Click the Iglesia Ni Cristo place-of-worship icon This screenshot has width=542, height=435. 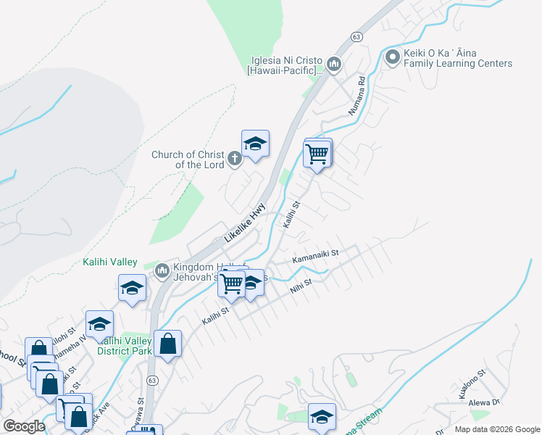click(x=334, y=65)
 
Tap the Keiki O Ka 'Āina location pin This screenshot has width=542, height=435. click(x=393, y=57)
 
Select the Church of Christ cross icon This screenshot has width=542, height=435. click(x=234, y=158)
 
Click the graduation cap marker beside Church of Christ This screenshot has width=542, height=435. click(x=255, y=144)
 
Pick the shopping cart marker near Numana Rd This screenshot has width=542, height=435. click(x=317, y=154)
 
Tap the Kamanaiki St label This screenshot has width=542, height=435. click(x=315, y=257)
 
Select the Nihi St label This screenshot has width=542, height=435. click(x=300, y=286)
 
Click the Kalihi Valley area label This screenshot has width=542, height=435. click(x=110, y=262)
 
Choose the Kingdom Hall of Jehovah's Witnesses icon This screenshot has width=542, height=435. click(x=162, y=271)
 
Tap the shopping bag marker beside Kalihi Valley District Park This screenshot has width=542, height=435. click(x=168, y=345)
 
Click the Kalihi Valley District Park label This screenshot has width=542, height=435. click(x=126, y=346)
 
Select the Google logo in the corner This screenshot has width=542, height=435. click(x=24, y=426)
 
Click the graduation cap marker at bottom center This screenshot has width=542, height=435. click(x=322, y=417)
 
